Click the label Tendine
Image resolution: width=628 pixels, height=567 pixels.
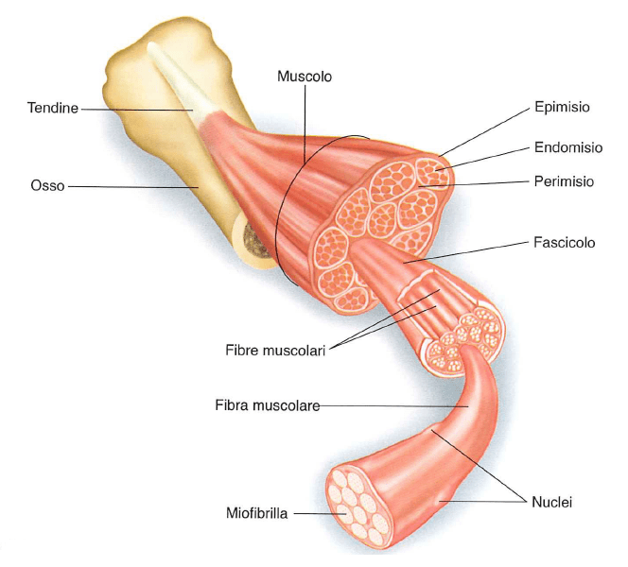point(52,110)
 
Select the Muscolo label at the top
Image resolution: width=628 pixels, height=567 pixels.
point(304,76)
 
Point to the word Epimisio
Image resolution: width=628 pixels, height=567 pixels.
point(562,107)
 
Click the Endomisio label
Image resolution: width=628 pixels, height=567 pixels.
point(567,147)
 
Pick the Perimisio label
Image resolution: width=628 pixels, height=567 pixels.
point(564,180)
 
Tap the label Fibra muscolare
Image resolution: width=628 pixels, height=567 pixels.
point(267,406)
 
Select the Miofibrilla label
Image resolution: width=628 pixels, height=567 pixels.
point(255,514)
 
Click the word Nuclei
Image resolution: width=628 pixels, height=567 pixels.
point(551,501)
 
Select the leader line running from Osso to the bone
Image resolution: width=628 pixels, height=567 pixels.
point(132,186)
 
